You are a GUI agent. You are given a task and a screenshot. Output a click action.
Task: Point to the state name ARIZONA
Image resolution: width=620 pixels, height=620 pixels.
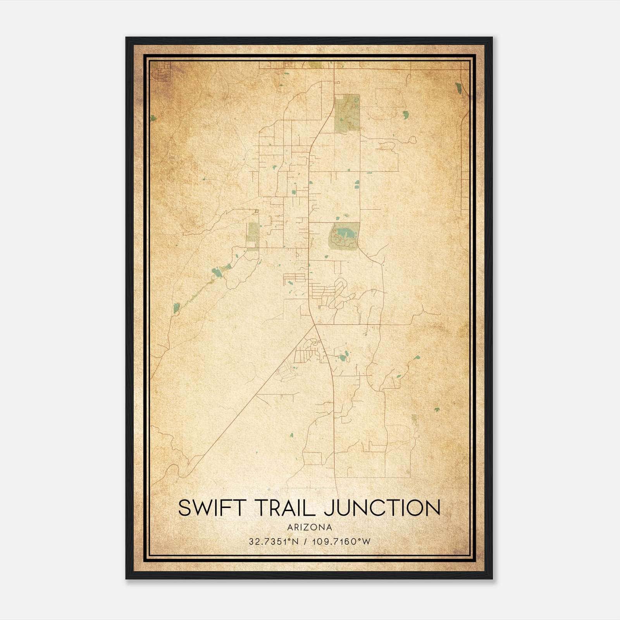pyautogui.click(x=310, y=527)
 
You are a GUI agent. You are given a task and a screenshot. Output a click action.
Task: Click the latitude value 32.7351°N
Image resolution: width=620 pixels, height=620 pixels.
pyautogui.click(x=274, y=541)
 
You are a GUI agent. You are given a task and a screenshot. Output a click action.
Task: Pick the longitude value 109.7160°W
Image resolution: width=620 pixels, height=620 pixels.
pyautogui.click(x=341, y=541)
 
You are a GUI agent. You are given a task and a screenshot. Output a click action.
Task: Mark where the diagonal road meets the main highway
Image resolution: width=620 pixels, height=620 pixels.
pyautogui.click(x=314, y=325)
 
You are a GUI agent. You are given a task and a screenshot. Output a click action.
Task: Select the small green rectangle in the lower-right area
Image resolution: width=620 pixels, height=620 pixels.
pyautogui.click(x=414, y=419)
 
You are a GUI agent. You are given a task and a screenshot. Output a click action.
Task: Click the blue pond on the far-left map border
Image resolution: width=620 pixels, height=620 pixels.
pyautogui.click(x=153, y=118)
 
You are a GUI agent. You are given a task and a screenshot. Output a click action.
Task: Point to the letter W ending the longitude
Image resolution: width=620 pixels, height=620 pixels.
pyautogui.click(x=366, y=541)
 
